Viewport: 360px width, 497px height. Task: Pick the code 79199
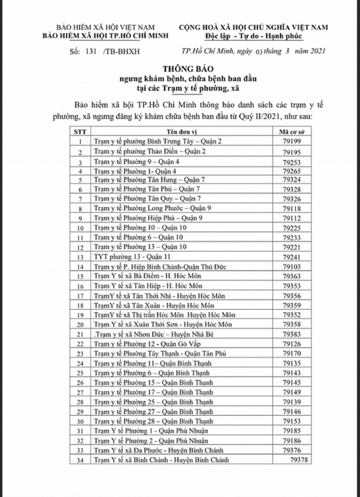(x=292, y=142)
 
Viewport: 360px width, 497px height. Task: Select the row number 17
(x=81, y=296)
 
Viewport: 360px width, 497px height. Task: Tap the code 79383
(x=292, y=334)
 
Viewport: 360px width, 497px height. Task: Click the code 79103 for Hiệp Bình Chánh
(x=292, y=265)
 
